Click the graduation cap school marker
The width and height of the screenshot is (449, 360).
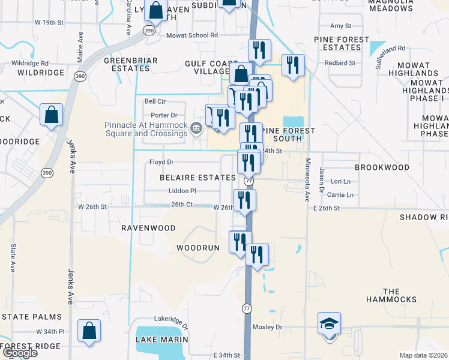click(x=329, y=324)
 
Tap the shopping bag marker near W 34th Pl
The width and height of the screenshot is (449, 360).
click(x=89, y=331)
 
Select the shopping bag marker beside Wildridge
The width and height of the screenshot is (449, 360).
click(x=52, y=115)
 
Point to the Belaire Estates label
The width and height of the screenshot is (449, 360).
click(x=197, y=178)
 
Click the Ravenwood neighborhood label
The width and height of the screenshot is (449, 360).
click(x=148, y=228)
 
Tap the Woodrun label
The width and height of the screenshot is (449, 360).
click(x=197, y=247)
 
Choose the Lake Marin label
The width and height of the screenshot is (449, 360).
click(x=162, y=340)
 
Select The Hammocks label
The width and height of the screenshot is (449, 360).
click(x=391, y=295)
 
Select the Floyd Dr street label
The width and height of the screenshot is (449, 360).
click(x=161, y=162)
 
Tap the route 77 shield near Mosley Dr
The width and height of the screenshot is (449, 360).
click(x=247, y=308)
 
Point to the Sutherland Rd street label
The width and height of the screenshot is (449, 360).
click(x=391, y=56)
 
